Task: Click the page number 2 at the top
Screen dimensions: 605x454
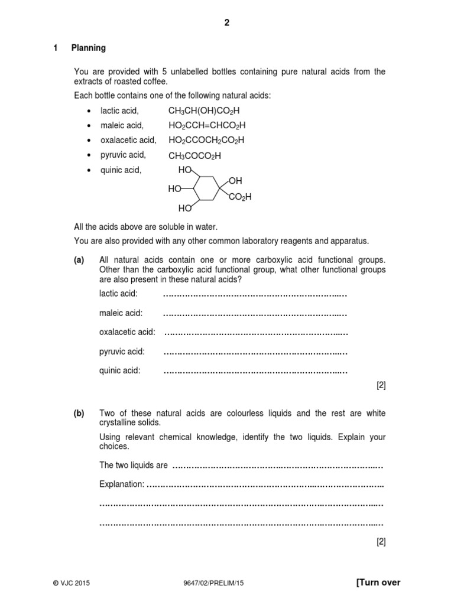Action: click(226, 23)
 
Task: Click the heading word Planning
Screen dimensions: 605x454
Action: click(89, 48)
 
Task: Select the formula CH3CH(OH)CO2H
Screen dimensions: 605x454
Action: click(205, 110)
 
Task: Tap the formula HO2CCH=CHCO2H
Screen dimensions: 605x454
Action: click(207, 125)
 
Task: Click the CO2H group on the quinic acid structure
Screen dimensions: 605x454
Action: click(239, 197)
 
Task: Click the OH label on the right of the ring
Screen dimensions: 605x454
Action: click(236, 180)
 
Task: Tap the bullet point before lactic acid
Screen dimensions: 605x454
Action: click(89, 111)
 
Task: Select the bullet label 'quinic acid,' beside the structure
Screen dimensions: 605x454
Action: click(121, 170)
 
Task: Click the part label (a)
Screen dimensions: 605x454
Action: click(79, 260)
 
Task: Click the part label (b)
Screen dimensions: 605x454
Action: click(79, 414)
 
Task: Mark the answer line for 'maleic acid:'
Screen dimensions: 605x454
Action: click(255, 313)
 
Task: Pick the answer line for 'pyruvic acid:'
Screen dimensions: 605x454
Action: click(255, 352)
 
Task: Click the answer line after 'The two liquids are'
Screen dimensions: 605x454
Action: click(278, 466)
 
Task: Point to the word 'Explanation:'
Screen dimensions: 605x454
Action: click(122, 484)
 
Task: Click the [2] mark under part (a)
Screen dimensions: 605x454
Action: click(381, 386)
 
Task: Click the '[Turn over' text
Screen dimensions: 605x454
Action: click(378, 583)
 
